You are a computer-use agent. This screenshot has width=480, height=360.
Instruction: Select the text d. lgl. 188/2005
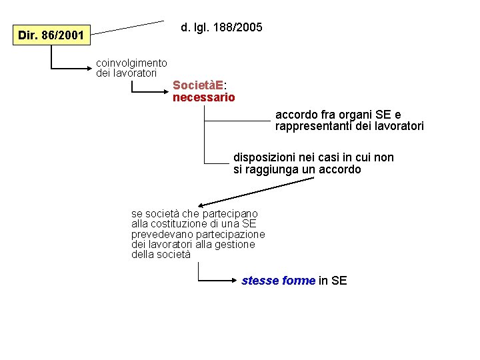click(221, 27)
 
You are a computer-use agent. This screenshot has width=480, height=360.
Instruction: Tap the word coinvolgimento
click(132, 63)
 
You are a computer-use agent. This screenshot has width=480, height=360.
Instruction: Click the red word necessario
click(203, 97)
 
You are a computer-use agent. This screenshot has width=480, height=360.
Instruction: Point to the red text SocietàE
click(198, 85)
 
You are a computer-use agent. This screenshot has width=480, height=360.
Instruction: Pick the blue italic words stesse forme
click(278, 281)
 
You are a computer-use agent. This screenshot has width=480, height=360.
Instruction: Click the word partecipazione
click(233, 234)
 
